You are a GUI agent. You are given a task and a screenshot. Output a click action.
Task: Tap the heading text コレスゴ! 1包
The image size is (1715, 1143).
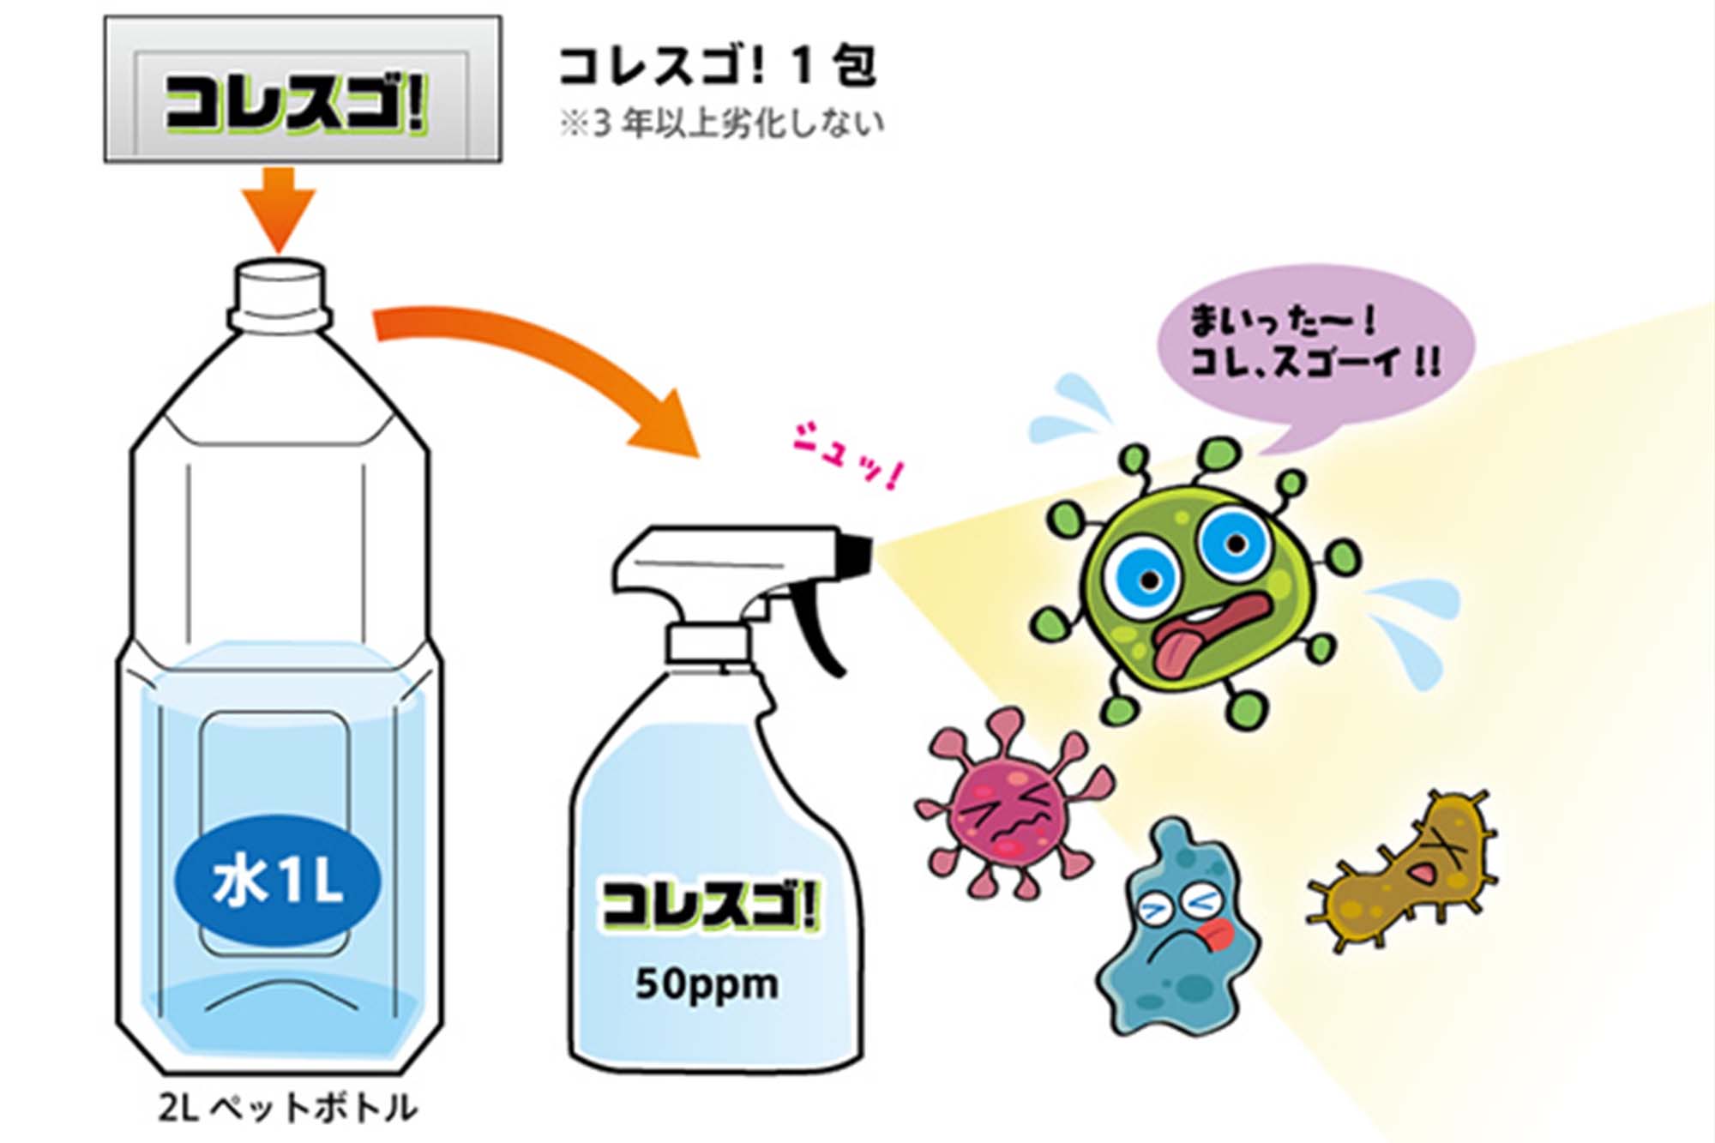click(x=718, y=66)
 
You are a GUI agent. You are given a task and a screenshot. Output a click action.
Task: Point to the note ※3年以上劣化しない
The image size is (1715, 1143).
click(x=721, y=123)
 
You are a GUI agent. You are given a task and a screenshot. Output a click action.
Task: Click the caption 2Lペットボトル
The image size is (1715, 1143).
click(x=288, y=1109)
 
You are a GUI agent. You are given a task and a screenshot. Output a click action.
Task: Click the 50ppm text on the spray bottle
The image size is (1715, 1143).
click(x=707, y=984)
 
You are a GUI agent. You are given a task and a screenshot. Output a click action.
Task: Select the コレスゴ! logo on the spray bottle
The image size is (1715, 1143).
click(x=711, y=905)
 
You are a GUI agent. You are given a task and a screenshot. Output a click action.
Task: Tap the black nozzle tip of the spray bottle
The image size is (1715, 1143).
click(x=855, y=554)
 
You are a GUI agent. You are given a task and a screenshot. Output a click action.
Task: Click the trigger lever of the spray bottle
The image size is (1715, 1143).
click(x=815, y=626)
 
